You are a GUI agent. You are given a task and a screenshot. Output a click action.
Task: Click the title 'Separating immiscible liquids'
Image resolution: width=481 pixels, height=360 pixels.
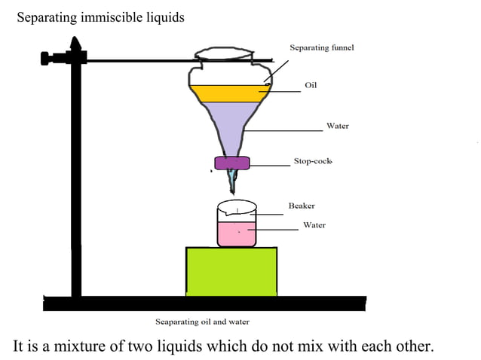100,17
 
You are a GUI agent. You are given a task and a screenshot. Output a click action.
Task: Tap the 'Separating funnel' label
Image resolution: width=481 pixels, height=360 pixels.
322,48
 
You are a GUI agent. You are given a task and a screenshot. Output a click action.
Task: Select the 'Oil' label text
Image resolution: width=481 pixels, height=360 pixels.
311,85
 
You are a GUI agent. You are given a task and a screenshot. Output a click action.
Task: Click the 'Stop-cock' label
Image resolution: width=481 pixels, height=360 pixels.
313,162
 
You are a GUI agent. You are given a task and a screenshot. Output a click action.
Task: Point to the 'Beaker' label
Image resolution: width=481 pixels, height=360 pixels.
302,206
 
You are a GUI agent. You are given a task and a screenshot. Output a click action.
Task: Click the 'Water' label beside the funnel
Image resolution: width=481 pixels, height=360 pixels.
337,126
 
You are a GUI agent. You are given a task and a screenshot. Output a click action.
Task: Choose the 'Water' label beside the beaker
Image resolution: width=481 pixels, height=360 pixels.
314,225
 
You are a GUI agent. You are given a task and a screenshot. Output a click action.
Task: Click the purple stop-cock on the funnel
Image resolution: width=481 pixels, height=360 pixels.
231,163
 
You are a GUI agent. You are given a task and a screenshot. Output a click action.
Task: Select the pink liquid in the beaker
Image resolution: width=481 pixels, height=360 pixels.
237,234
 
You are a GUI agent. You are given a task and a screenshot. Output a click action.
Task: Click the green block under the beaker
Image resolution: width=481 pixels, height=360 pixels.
231,271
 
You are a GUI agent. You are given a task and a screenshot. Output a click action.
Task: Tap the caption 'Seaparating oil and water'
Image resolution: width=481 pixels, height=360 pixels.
202,322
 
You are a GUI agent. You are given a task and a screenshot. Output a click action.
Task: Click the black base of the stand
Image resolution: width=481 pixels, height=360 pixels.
204,304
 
